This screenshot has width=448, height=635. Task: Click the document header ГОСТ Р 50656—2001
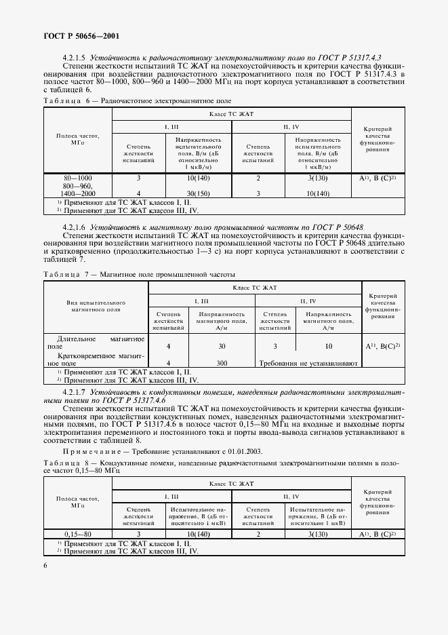tap(81, 35)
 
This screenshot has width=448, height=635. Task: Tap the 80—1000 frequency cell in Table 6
tap(77, 178)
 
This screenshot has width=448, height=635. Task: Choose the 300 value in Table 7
tap(221, 363)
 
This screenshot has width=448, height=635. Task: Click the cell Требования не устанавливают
tap(308, 363)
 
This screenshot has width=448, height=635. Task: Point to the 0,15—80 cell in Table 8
tap(77, 534)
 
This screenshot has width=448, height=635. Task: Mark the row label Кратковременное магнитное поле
tap(95, 359)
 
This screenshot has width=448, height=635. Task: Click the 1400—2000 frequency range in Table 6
tap(77, 193)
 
